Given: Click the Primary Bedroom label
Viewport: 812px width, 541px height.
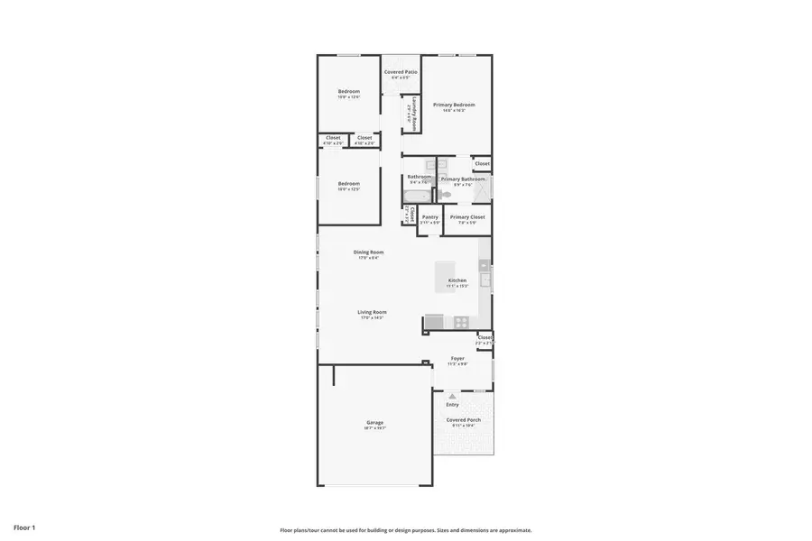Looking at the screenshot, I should point(454,105).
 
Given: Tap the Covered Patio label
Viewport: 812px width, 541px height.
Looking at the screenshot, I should point(400,72).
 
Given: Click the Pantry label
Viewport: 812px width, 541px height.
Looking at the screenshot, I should point(429,216).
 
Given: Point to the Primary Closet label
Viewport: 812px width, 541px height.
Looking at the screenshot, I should point(467,216).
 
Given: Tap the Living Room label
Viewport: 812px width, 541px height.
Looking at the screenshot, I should point(372,312).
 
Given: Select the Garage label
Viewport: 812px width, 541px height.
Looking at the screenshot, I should point(374,422).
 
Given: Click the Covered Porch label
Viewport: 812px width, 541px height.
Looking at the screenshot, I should point(463,419).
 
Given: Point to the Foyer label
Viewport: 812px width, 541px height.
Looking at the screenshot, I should point(457,358).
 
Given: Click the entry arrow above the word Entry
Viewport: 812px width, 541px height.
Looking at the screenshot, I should point(452,395).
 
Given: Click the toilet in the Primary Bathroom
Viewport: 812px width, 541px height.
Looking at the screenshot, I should point(445,193).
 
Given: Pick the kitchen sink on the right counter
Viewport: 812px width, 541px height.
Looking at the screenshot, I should point(484,280).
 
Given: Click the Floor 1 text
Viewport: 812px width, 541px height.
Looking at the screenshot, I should point(24,527).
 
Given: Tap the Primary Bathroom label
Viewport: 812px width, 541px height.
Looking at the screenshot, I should point(463,179).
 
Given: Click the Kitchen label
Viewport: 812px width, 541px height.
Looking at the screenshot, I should point(457,280).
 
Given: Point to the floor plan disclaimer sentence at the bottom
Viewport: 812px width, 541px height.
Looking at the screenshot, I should point(405,530).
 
